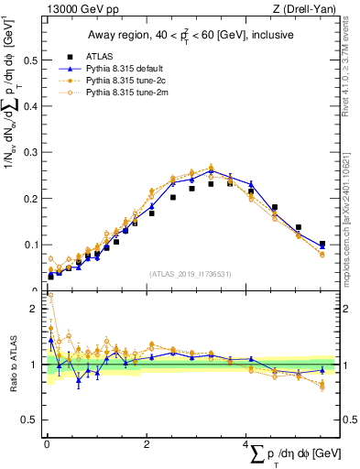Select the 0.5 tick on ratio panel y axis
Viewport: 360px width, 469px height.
coord(27,420)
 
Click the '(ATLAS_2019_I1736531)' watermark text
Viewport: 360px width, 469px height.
coord(191,273)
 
